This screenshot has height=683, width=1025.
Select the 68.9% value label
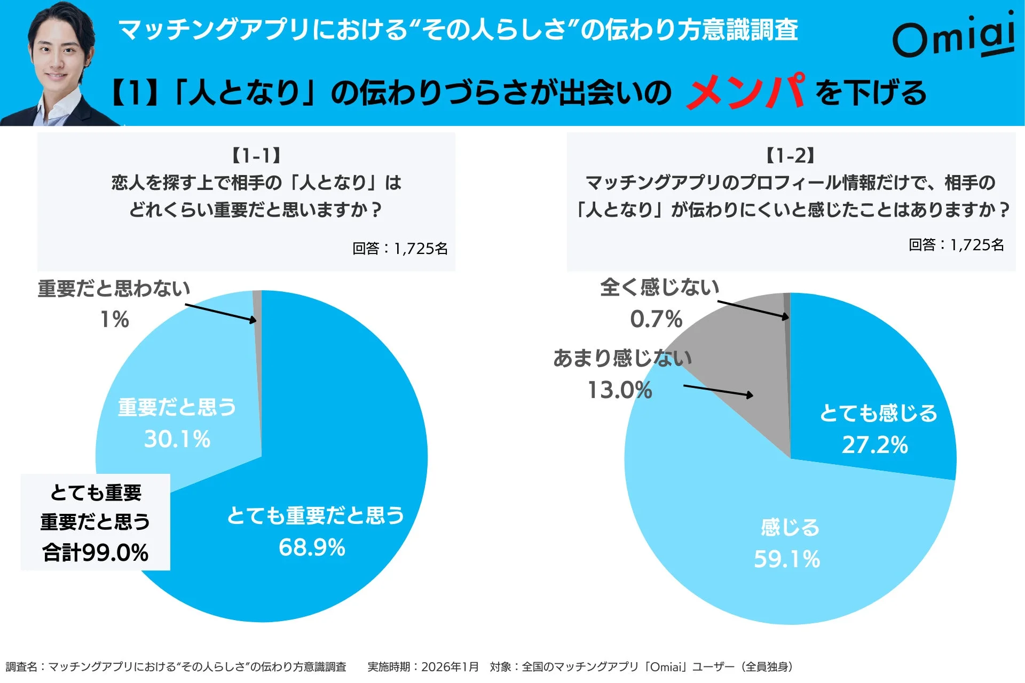click(x=312, y=547)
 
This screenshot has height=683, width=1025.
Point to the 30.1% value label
click(x=177, y=439)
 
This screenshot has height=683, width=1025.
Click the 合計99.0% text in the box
click(x=95, y=552)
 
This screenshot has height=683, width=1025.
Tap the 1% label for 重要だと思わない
click(x=115, y=320)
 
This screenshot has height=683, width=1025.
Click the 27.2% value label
click(x=875, y=444)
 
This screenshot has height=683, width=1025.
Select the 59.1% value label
click(x=787, y=559)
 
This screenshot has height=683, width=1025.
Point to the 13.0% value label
click(x=620, y=390)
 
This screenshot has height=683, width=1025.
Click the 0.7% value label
click(x=656, y=319)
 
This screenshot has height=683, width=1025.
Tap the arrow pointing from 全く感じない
click(x=753, y=309)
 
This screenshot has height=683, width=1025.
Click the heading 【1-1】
click(x=256, y=156)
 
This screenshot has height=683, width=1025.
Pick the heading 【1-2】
click(x=791, y=156)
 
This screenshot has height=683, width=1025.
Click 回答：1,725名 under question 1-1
click(x=400, y=248)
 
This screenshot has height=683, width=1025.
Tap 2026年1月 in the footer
click(x=450, y=666)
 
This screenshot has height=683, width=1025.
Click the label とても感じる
click(x=878, y=414)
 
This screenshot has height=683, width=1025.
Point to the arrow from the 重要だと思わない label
click(x=220, y=313)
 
